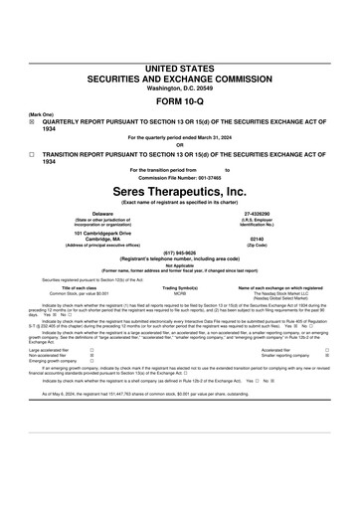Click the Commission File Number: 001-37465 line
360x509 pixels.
(x=180, y=177)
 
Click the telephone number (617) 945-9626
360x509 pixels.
(x=180, y=252)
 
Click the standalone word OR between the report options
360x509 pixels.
(x=180, y=144)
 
